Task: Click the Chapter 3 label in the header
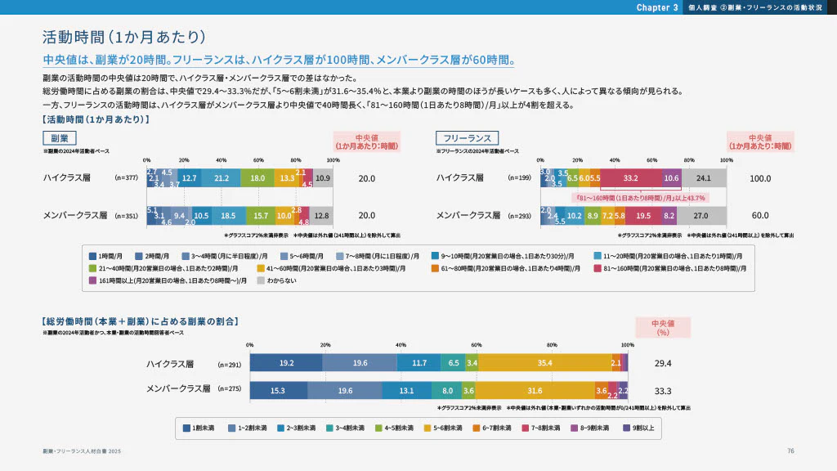pos(657,7)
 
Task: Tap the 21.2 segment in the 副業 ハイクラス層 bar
pos(221,177)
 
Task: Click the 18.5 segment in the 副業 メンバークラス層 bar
pos(228,216)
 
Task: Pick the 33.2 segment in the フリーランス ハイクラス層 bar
pos(630,177)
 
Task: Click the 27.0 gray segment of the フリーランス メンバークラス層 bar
pos(700,216)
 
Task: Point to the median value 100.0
pos(760,177)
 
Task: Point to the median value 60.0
pos(760,216)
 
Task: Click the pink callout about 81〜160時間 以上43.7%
pos(641,197)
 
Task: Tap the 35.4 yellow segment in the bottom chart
pos(544,363)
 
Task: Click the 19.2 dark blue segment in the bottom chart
pos(286,363)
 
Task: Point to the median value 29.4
pos(663,363)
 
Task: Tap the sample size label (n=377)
pos(129,177)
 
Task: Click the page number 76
pos(790,451)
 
